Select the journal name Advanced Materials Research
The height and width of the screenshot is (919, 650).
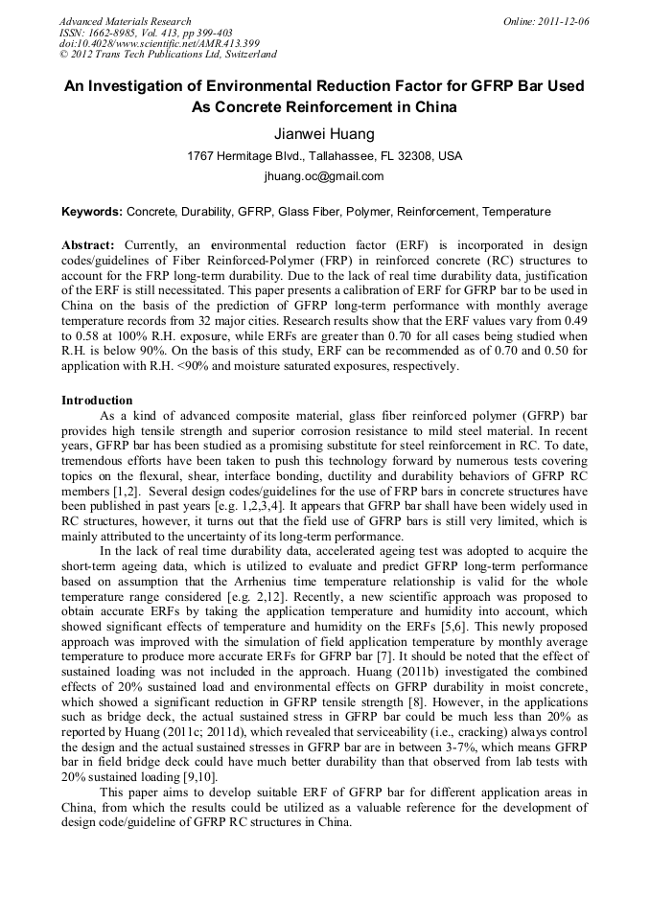[125, 21]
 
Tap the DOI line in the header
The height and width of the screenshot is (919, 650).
[159, 44]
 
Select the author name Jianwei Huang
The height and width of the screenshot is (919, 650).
[324, 133]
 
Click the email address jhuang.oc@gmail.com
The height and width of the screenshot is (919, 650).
[324, 176]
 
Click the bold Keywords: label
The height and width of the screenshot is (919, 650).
[92, 211]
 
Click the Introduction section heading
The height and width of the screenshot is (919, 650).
[97, 400]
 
